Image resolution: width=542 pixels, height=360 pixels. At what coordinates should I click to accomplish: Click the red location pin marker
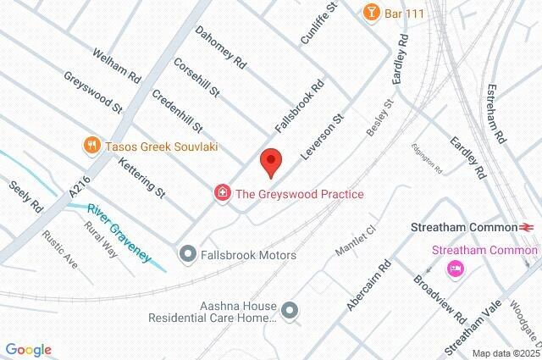[270, 162]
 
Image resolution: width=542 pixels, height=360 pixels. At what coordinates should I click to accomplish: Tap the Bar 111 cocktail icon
[370, 12]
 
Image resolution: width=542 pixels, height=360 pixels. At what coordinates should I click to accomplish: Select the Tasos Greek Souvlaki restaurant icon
[91, 146]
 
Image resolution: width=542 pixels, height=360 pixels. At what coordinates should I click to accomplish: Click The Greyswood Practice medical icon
[223, 194]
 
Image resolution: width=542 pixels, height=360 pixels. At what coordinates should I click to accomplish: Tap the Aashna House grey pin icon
[290, 311]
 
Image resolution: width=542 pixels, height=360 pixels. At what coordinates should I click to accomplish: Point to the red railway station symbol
[526, 227]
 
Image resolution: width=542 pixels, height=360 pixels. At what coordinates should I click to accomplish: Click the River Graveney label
[119, 220]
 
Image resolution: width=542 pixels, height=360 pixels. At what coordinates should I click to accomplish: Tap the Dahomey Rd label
[220, 49]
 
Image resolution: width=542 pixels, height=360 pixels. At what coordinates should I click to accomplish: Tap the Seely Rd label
[25, 196]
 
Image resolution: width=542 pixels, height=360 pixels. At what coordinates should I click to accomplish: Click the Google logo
[28, 350]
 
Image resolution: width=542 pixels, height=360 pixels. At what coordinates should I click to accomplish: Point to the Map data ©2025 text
[505, 353]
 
